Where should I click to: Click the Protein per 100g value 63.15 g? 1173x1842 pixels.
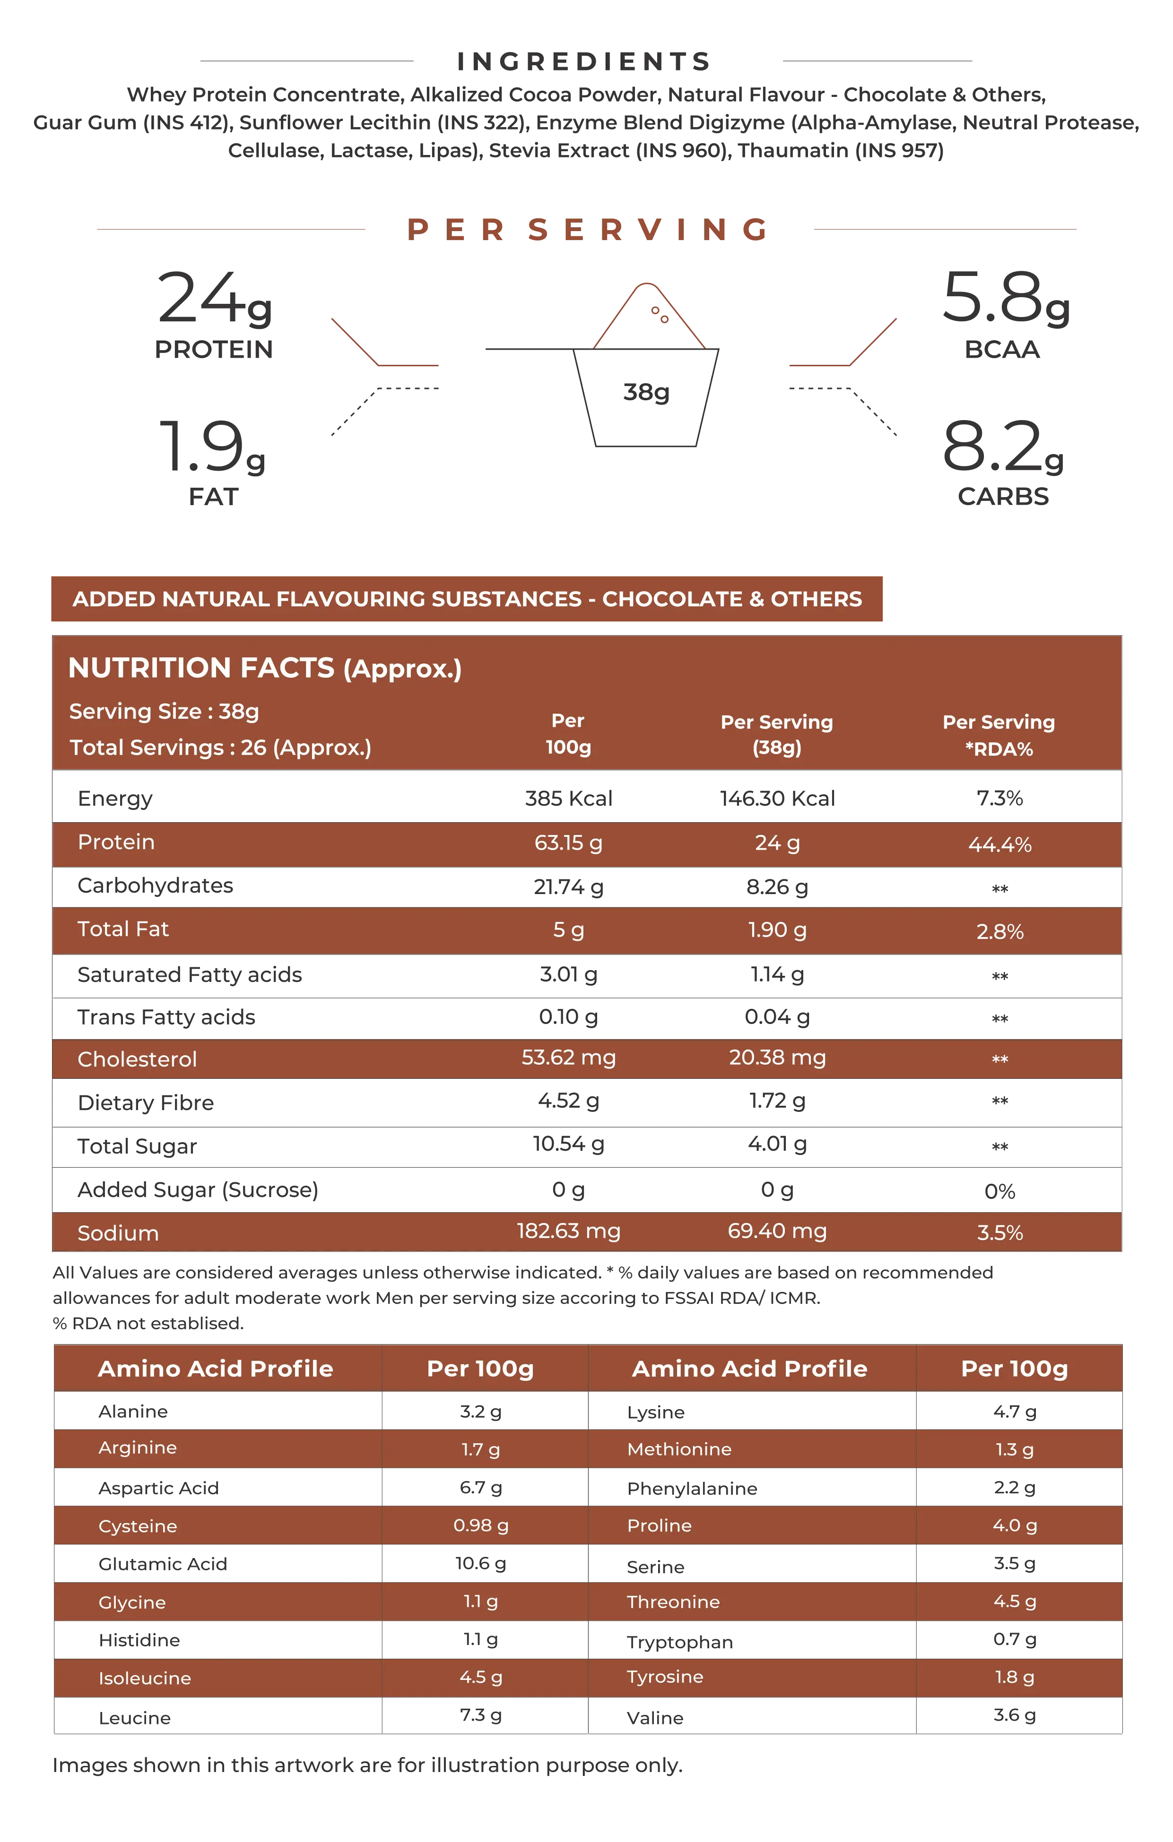tap(568, 843)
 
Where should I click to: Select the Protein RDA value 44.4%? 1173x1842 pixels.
tap(999, 844)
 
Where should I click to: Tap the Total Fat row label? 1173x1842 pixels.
tap(123, 930)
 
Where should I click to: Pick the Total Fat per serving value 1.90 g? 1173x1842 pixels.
tap(777, 930)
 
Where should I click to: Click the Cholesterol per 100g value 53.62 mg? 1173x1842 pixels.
tap(568, 1058)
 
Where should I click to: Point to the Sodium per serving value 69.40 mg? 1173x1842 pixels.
tap(777, 1231)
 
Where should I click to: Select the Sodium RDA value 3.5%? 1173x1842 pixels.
tap(999, 1232)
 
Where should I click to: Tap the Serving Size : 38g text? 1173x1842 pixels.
tap(164, 711)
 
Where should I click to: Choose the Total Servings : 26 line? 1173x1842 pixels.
tap(220, 748)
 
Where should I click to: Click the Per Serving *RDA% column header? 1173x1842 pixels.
tap(999, 735)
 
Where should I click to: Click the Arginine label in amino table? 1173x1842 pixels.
tap(138, 1448)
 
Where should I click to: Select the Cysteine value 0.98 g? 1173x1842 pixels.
tap(480, 1525)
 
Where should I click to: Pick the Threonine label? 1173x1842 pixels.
tap(673, 1602)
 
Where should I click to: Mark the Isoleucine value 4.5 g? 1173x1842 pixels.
tap(480, 1678)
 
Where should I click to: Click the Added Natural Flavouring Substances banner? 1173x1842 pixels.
tap(467, 599)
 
